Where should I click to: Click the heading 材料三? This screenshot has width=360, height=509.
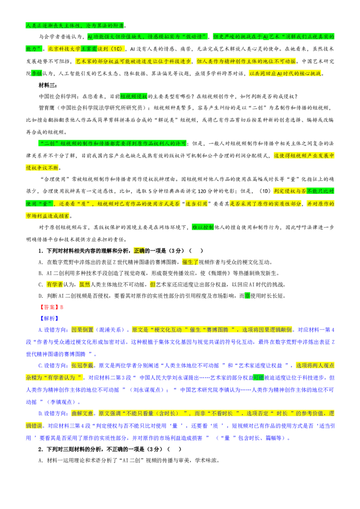coord(48,85)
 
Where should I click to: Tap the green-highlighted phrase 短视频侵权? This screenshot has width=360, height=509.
coord(134,96)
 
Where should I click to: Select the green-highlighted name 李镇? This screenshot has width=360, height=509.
coord(37,73)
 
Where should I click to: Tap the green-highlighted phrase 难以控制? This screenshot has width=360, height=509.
coord(203,227)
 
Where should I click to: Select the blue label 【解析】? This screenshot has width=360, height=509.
coord(49,318)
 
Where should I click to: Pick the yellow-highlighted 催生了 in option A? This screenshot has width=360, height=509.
coord(190,262)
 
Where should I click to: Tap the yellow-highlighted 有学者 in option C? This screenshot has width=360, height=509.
coord(54,285)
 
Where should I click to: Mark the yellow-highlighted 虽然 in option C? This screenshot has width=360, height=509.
coord(85,285)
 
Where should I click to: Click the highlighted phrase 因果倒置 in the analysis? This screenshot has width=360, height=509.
coord(82,330)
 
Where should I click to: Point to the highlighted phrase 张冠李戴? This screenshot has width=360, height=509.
coord(82,366)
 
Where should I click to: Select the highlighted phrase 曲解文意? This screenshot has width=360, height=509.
coord(82,414)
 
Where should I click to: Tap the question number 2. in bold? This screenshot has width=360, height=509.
coord(41,449)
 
